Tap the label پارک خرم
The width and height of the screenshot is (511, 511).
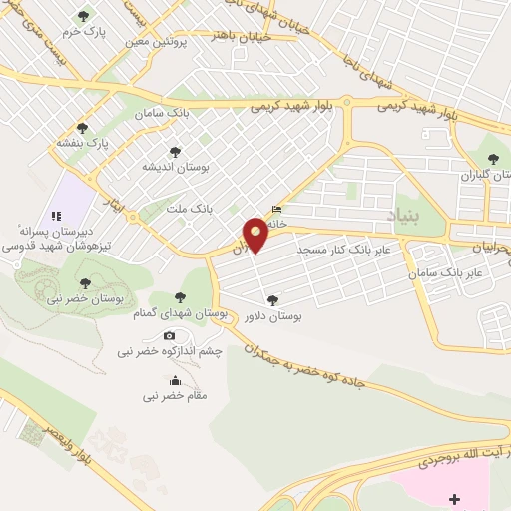[83, 31]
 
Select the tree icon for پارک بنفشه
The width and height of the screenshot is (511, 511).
[81, 129]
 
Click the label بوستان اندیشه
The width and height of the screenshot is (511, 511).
[175, 167]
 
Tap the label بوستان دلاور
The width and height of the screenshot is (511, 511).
[273, 314]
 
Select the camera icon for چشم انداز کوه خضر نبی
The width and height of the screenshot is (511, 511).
[169, 335]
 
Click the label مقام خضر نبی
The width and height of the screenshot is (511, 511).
[176, 396]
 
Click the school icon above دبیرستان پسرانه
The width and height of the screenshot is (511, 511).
[56, 215]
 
